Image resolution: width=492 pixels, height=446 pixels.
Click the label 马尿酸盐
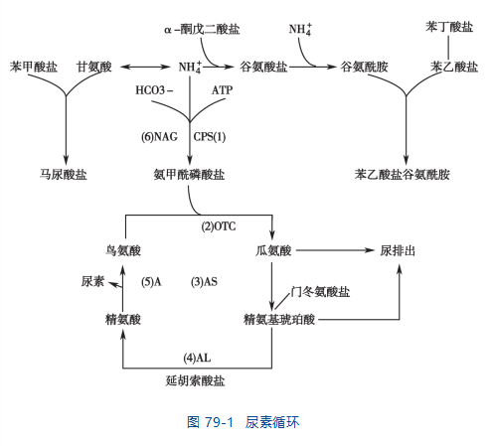[x=63, y=174]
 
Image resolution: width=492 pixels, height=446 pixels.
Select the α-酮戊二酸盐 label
[x=202, y=29]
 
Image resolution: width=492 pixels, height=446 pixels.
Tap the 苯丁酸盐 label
[x=449, y=27]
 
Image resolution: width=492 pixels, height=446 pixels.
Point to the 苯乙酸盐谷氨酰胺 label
[x=402, y=174]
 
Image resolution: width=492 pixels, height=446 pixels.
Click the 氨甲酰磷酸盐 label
[x=189, y=174]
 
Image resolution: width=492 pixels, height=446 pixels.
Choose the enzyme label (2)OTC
[x=219, y=226]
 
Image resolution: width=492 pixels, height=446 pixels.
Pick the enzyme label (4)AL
[x=197, y=358]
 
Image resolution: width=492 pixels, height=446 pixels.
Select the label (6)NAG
[x=159, y=137]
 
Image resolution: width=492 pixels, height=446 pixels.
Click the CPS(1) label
[x=210, y=137]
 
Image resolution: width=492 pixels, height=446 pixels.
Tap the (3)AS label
[x=204, y=282]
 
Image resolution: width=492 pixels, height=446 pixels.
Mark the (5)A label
[x=151, y=282]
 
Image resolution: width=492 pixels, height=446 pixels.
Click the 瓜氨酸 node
[x=273, y=250]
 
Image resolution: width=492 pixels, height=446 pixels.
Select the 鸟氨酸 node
[x=123, y=250]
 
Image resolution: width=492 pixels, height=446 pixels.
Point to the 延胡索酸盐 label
[x=195, y=380]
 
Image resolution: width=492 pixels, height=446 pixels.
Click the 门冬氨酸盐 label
[x=320, y=292]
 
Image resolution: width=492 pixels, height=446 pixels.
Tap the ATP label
[x=222, y=90]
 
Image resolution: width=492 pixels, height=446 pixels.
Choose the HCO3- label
[x=154, y=90]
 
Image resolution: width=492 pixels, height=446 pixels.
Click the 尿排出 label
[x=398, y=250]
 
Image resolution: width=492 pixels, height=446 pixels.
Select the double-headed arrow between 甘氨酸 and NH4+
[x=145, y=67]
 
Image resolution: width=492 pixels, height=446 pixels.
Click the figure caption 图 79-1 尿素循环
[x=243, y=422]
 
